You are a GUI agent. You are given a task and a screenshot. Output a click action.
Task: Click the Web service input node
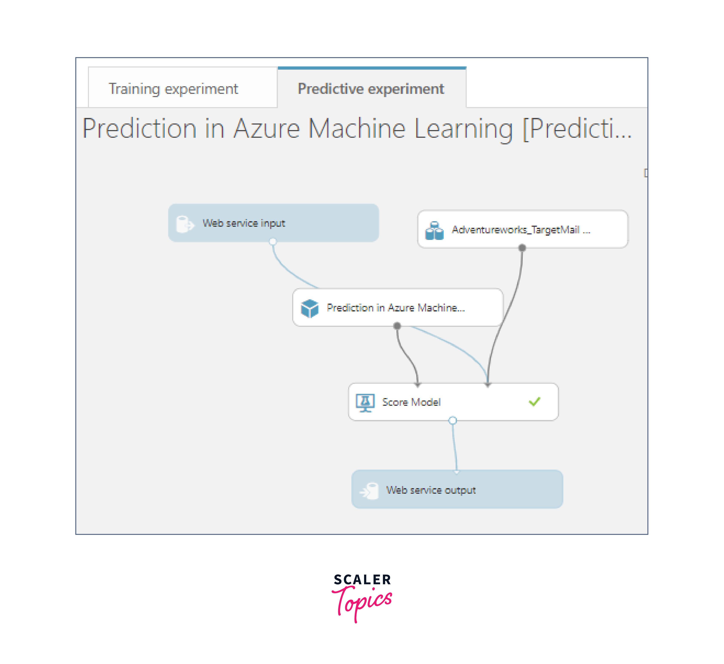[x=273, y=223]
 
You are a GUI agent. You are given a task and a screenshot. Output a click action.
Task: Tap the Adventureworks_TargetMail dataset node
[x=522, y=229]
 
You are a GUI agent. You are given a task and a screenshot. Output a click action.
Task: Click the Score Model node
[x=453, y=402]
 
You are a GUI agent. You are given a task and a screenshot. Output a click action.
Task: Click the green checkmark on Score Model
[x=534, y=402]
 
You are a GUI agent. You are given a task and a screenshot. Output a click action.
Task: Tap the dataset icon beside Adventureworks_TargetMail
[x=434, y=230]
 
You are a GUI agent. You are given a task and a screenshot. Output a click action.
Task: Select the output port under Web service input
[x=273, y=241]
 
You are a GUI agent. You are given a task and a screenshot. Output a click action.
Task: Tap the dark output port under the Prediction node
[x=397, y=326]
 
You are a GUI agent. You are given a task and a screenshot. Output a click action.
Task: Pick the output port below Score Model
[x=453, y=420]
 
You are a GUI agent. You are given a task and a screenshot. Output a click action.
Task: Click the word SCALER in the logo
[x=362, y=579]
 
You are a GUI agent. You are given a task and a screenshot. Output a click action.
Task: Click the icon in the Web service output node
[x=369, y=491]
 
